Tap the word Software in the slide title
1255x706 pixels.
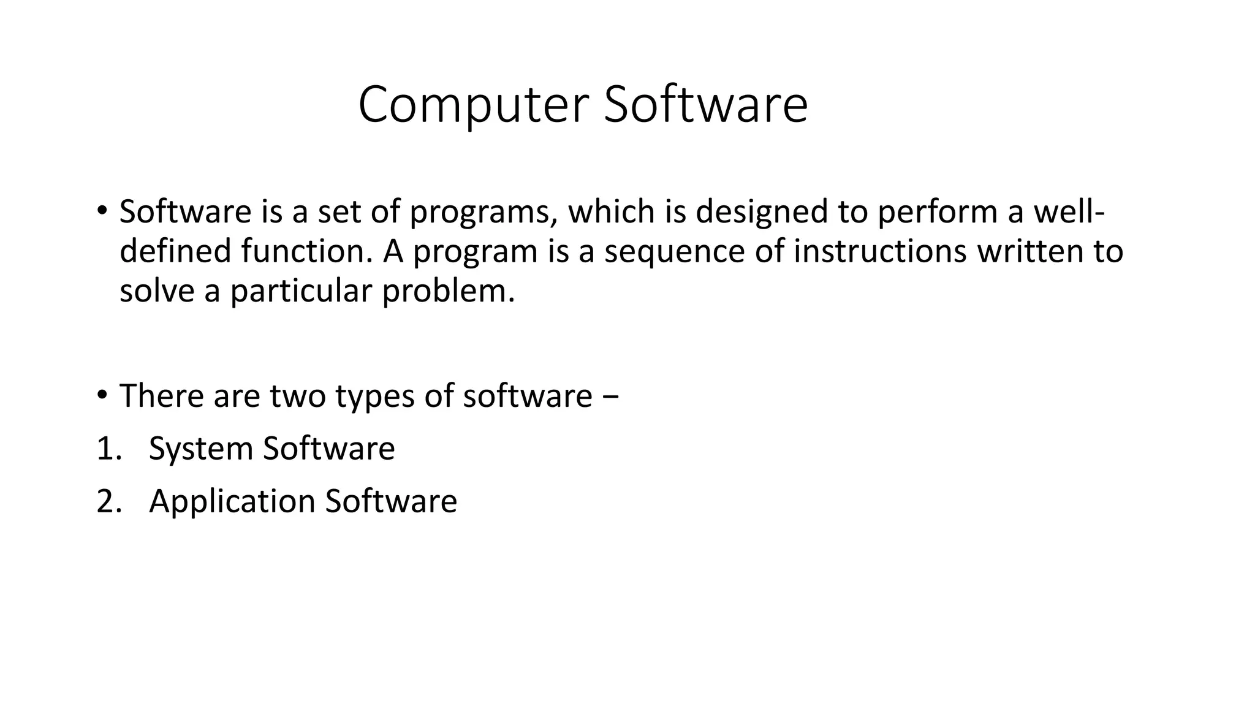pyautogui.click(x=705, y=105)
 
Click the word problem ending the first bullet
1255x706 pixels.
pyautogui.click(x=447, y=291)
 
